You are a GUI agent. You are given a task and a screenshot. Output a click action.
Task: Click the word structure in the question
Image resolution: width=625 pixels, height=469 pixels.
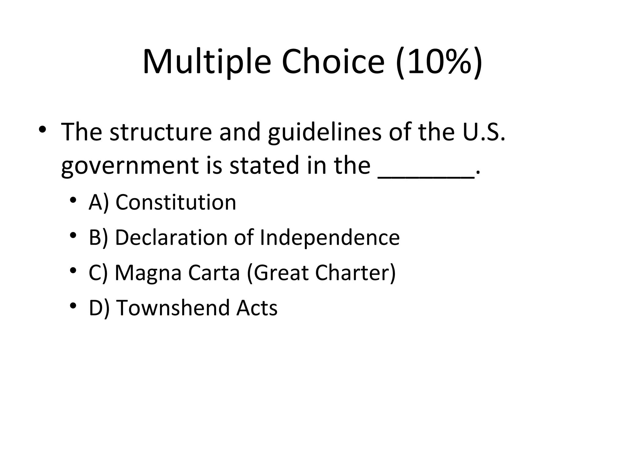coord(161,132)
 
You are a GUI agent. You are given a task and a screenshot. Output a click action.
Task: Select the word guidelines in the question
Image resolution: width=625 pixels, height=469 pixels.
coord(325,132)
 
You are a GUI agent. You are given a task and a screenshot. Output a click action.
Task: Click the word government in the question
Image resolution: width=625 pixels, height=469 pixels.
coord(130,166)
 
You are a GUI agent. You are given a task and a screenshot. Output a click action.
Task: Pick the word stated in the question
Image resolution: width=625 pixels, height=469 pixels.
coord(264,166)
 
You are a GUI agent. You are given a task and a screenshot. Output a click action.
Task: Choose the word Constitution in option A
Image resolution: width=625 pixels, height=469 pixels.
coord(176,202)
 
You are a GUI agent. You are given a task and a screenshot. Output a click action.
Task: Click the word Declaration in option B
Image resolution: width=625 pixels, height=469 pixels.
coord(171,238)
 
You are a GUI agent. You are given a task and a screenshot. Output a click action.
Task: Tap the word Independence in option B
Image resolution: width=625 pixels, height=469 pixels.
coord(330,238)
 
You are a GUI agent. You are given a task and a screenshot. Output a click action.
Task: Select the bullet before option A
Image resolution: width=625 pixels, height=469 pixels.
coord(73,201)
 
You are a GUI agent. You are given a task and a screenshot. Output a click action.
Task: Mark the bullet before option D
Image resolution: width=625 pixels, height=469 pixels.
coord(73,306)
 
